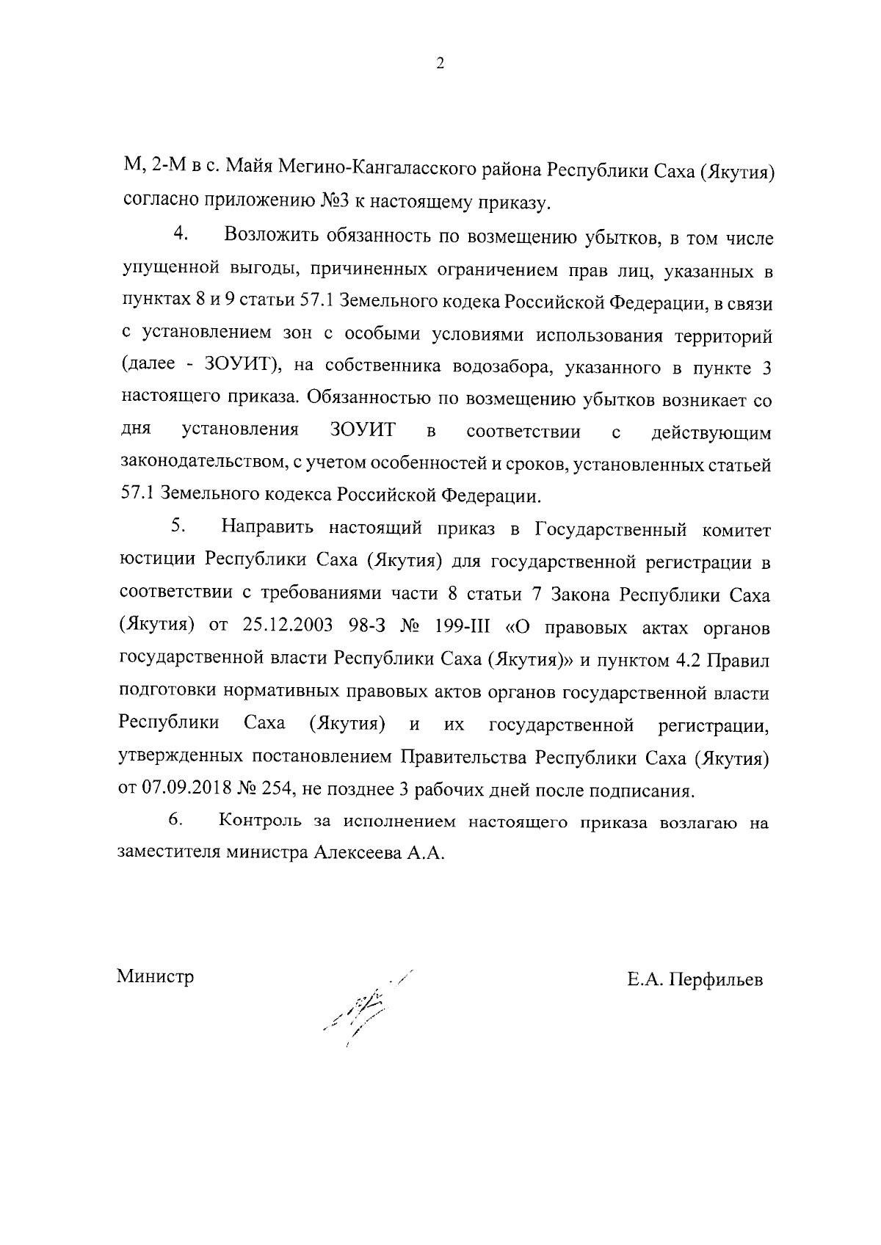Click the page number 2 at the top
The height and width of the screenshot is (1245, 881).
click(x=440, y=64)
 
